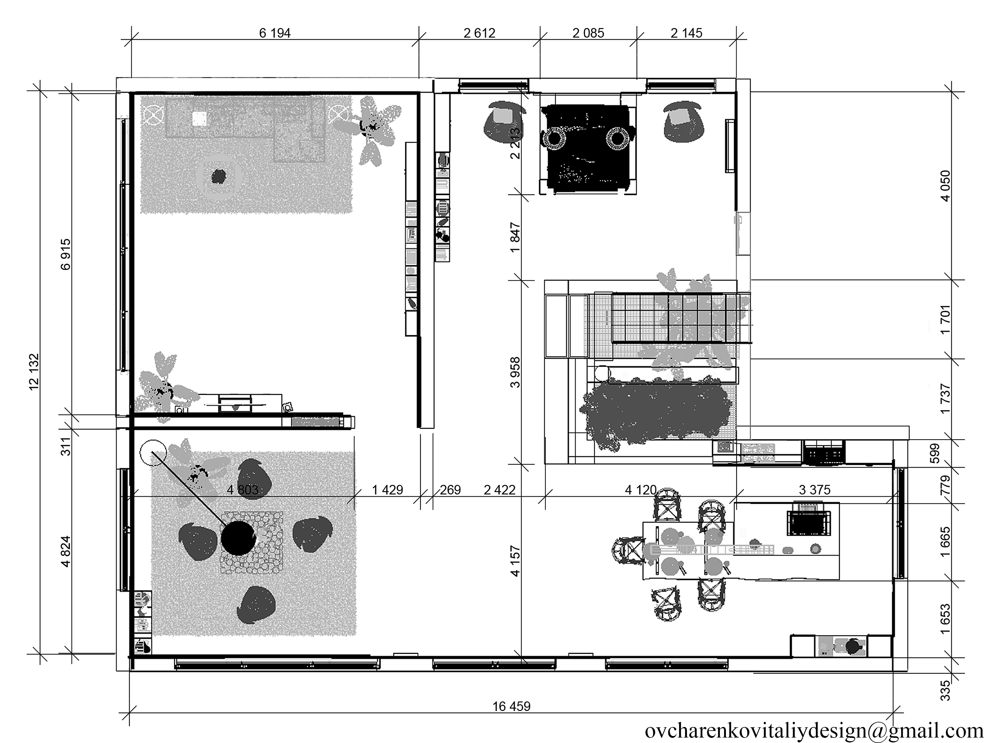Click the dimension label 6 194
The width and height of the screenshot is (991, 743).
click(x=275, y=33)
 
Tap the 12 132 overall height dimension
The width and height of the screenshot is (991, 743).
click(x=34, y=372)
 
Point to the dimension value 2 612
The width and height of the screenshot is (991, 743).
click(x=479, y=33)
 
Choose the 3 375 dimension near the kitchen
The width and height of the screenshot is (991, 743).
click(x=814, y=490)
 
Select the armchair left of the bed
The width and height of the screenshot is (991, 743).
click(x=505, y=122)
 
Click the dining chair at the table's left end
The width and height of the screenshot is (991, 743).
click(x=628, y=550)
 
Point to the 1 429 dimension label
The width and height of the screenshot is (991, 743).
click(x=387, y=490)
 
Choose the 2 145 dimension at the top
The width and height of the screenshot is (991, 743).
click(x=686, y=33)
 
